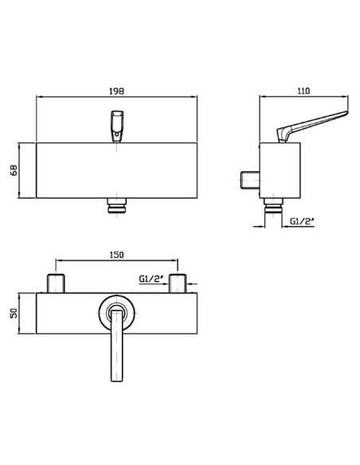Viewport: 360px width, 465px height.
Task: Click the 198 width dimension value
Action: [116, 91]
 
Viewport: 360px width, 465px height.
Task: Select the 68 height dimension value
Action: [14, 170]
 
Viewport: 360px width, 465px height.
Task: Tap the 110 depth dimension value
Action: [303, 91]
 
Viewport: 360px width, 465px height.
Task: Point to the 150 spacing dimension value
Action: [117, 255]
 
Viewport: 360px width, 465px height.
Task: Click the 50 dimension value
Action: [14, 313]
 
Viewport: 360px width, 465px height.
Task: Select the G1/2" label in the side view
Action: [302, 221]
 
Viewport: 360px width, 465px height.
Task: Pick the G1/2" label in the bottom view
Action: [151, 279]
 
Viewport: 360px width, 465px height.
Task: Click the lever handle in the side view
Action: [311, 126]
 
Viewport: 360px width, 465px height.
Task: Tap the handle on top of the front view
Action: [117, 127]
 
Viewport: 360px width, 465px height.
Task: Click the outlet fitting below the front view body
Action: [117, 205]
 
